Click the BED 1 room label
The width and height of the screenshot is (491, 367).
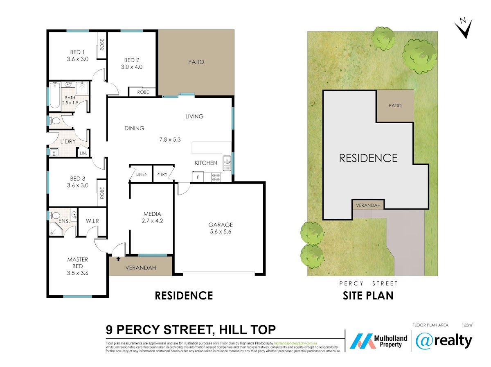click(x=77, y=52)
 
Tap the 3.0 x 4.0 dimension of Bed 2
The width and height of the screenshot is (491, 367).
click(x=132, y=67)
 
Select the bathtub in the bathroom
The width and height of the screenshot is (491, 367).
click(x=54, y=96)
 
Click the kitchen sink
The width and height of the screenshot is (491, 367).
click(x=227, y=163)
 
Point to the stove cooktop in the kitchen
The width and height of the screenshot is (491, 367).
click(x=216, y=177)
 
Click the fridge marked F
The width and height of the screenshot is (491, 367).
click(x=198, y=177)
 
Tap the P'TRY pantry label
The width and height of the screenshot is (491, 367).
click(x=162, y=174)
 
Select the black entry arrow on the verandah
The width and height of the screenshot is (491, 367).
click(x=118, y=259)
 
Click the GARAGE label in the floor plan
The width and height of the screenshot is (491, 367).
click(x=221, y=224)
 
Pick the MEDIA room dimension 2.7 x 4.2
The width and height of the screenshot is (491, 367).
click(x=152, y=221)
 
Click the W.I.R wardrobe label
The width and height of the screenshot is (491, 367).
click(x=92, y=221)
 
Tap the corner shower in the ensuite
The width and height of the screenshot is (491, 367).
click(x=56, y=229)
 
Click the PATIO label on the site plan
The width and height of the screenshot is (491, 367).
click(x=395, y=106)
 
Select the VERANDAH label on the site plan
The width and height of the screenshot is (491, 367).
click(x=368, y=205)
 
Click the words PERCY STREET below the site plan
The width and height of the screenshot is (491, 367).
click(x=368, y=283)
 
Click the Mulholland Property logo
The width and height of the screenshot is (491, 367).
click(x=378, y=341)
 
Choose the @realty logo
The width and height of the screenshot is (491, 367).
click(x=444, y=341)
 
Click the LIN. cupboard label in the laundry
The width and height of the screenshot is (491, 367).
click(x=83, y=153)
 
